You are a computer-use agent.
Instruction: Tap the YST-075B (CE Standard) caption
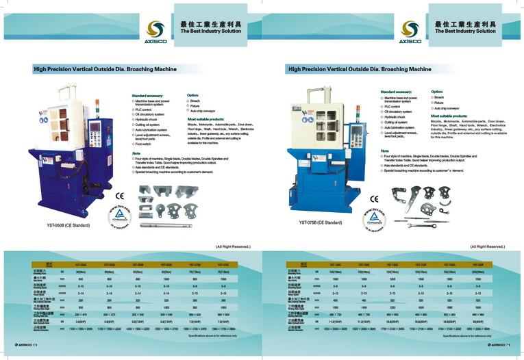click(320, 222)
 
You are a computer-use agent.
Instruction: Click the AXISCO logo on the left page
click(155, 30)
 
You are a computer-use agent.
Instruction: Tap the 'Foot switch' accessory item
click(143, 144)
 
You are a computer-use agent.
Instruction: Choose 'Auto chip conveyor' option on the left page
click(203, 111)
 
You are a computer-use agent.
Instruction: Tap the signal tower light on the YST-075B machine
click(356, 94)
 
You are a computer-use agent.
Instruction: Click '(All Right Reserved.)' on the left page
click(233, 246)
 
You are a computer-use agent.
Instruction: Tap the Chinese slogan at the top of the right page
click(465, 23)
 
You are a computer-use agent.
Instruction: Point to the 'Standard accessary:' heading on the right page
click(397, 91)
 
